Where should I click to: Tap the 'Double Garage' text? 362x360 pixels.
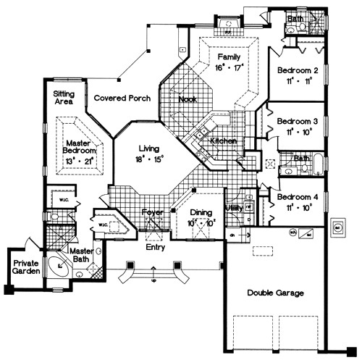tap(274, 293)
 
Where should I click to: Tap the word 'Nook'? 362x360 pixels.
tap(188, 99)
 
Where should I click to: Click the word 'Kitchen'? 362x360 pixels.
tap(223, 141)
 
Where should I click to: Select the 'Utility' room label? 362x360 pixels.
tap(234, 209)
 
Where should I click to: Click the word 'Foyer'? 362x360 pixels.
tap(153, 213)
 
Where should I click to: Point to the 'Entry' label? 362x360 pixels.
tap(154, 247)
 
